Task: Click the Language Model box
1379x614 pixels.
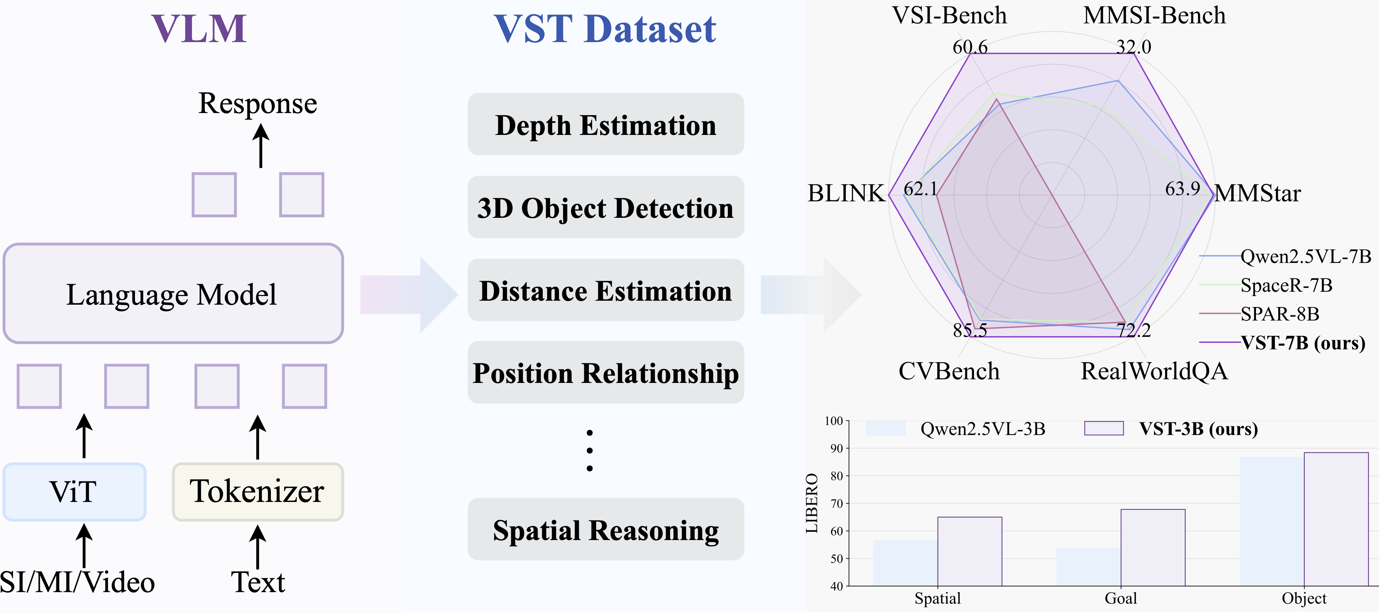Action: click(173, 293)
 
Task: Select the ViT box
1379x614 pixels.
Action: click(74, 491)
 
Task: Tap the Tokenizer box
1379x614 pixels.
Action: click(258, 491)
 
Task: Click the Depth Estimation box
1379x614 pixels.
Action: click(605, 124)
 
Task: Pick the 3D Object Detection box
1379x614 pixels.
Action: click(605, 207)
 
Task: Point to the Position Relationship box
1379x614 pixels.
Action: click(605, 373)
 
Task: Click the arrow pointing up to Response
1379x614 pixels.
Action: click(261, 146)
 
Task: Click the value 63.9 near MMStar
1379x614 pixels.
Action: click(1182, 188)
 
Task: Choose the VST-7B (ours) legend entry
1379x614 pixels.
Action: click(1282, 342)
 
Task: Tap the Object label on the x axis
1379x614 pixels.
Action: click(1304, 598)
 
